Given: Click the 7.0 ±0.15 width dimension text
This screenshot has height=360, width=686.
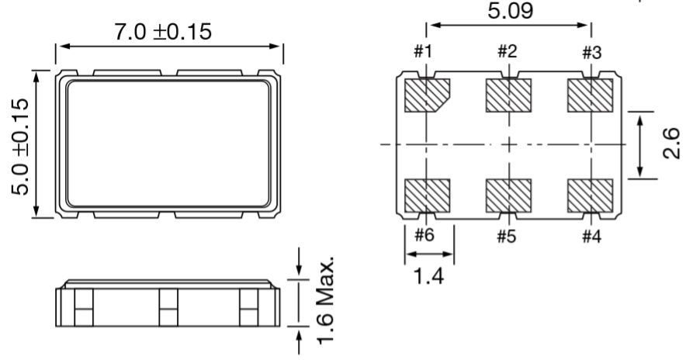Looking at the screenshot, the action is tap(163, 32).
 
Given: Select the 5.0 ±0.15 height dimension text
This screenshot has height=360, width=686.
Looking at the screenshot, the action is tap(20, 147).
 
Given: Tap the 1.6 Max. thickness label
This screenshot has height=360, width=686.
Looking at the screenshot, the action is tap(326, 301).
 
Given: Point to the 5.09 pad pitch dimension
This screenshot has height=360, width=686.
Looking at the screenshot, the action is tap(510, 11).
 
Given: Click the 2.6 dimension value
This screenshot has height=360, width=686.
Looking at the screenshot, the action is tap(671, 143).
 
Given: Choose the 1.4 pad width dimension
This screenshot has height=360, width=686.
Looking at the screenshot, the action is tap(428, 276).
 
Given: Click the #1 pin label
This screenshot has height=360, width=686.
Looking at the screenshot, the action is tap(423, 52).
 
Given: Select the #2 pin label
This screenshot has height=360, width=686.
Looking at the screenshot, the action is tap(507, 52).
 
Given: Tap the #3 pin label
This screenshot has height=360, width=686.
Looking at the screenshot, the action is tap(591, 53).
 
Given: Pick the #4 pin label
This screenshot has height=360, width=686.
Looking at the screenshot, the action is tap(591, 237).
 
